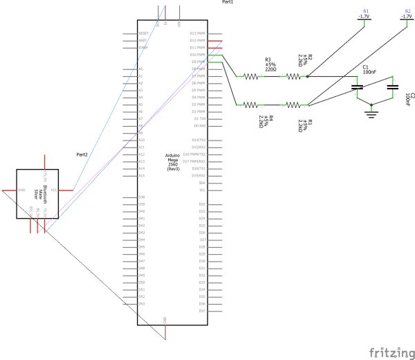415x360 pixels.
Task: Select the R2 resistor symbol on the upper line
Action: (x=293, y=77)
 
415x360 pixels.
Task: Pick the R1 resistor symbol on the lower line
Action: (x=293, y=105)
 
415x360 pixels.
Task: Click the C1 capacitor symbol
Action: (x=358, y=88)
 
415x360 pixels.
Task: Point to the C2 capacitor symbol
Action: (x=393, y=88)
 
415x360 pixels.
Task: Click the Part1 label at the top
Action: (x=228, y=3)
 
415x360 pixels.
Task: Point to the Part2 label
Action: (x=82, y=154)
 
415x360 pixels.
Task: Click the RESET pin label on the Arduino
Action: (x=144, y=33)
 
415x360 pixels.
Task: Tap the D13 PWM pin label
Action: (x=198, y=33)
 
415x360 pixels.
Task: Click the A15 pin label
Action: (x=141, y=176)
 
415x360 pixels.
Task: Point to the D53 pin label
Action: (x=141, y=303)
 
